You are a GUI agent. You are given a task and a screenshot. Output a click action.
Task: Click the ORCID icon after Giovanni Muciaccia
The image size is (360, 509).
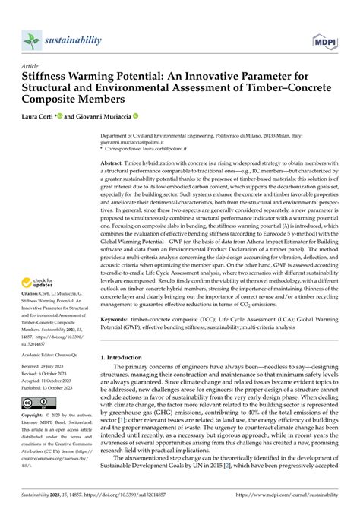[136, 118]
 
